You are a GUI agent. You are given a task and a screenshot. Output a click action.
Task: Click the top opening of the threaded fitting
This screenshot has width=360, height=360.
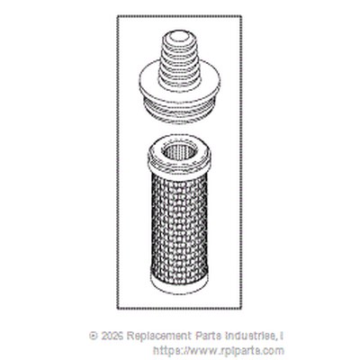[x=178, y=36]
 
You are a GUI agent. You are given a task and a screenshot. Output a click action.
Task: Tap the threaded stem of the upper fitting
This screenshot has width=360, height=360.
[x=178, y=60]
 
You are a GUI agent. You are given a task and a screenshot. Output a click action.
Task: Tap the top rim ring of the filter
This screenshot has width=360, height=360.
[x=179, y=155]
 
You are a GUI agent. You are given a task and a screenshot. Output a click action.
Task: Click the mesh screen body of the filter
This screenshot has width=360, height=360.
[x=179, y=223]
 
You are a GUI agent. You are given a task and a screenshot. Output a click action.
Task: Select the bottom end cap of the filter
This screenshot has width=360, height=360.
[x=179, y=279]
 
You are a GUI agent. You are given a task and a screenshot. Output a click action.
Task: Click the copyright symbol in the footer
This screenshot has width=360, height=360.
[x=94, y=336]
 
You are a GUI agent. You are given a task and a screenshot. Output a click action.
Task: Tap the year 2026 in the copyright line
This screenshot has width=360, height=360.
[x=112, y=336]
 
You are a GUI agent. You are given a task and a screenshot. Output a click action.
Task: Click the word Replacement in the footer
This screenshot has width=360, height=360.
[x=159, y=336]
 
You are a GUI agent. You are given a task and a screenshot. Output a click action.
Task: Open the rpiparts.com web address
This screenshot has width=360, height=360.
[x=219, y=350]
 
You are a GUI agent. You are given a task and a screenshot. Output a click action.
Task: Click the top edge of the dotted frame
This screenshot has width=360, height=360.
[x=179, y=16]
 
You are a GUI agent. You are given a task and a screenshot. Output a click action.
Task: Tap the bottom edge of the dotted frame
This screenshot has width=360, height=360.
[x=179, y=308]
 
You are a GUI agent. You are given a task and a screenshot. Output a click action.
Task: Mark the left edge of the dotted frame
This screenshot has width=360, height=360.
[x=118, y=162]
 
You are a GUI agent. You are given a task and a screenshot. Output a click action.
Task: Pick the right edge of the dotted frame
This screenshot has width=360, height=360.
[x=240, y=162]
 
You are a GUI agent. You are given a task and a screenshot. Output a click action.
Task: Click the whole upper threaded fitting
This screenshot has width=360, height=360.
[x=179, y=77]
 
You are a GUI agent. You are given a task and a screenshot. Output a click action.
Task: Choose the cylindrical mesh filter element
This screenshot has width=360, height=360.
[x=179, y=212]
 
